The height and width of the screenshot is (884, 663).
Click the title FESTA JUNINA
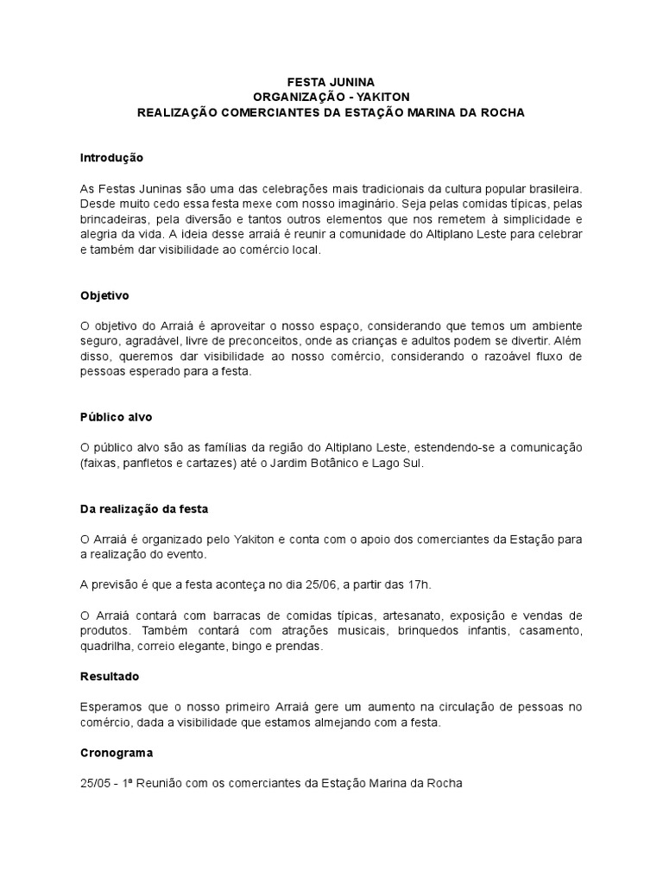[331, 81]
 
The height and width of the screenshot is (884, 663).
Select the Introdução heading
[111, 158]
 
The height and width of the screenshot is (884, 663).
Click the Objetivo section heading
[104, 295]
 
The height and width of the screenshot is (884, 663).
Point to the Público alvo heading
[116, 416]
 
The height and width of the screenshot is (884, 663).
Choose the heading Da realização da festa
[144, 508]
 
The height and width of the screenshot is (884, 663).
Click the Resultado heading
[110, 676]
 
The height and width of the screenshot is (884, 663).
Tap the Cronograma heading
[116, 753]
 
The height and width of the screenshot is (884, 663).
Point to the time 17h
[416, 584]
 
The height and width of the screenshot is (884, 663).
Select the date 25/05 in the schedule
[95, 784]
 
